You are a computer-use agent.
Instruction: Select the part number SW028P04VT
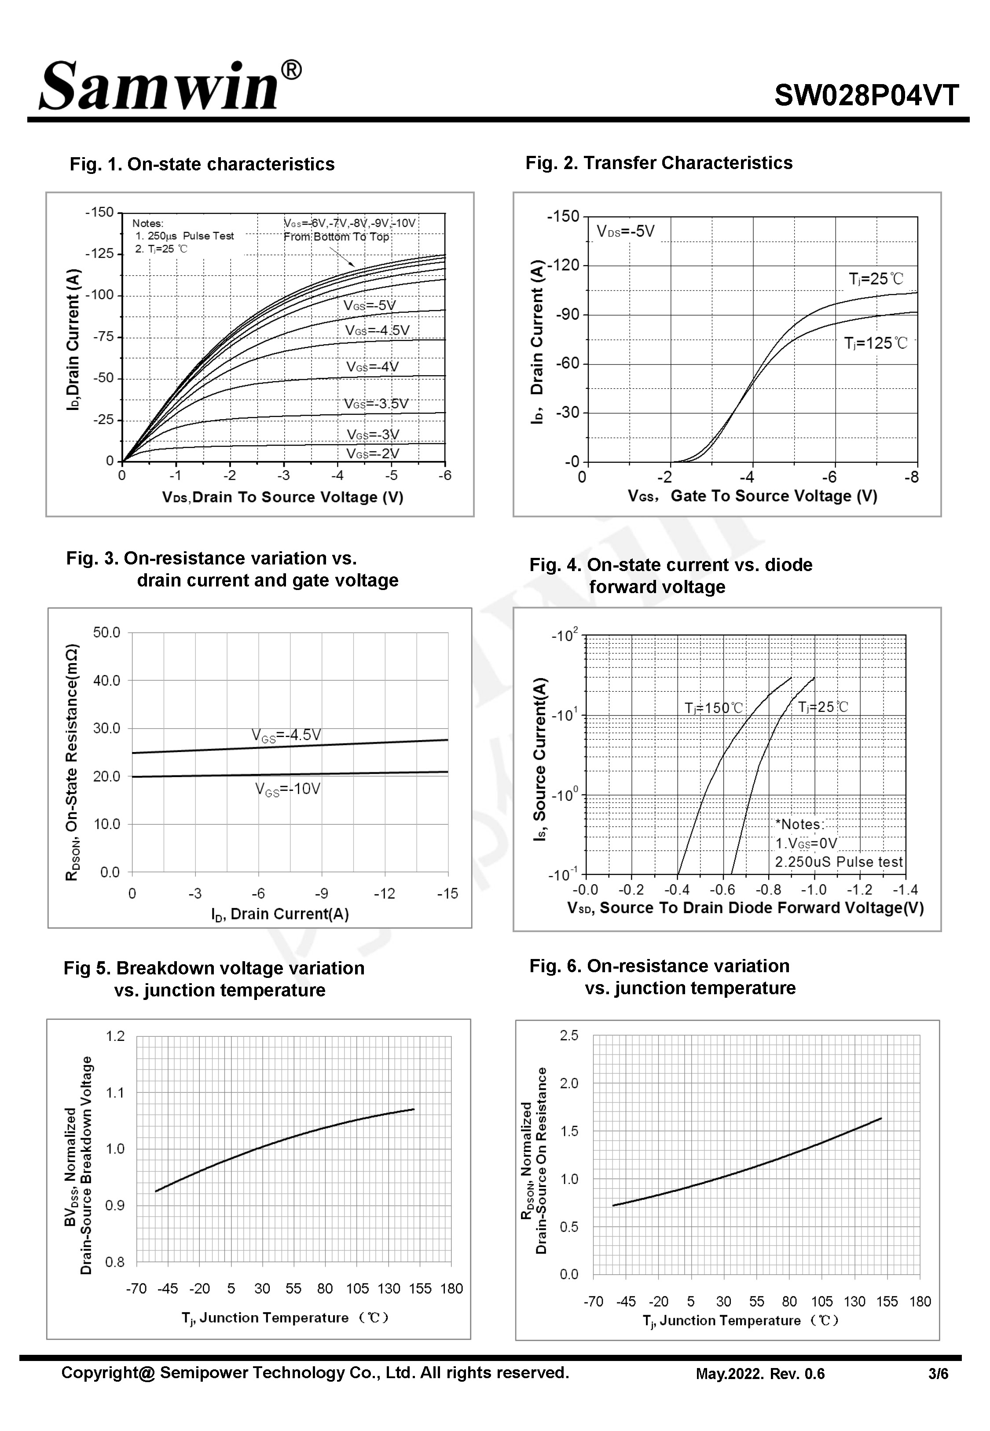coord(866,96)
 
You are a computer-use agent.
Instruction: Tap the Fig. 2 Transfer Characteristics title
coord(659,162)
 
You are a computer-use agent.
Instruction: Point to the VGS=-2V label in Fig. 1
coord(373,454)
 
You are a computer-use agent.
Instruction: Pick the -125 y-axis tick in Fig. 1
coord(100,253)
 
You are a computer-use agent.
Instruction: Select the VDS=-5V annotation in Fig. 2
coord(625,232)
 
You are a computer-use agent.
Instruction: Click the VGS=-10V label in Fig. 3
coord(288,789)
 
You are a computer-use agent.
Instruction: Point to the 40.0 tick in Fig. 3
coord(106,681)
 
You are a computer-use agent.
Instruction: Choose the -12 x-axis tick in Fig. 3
coord(385,893)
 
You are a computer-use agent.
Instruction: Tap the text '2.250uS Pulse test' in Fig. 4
coord(839,862)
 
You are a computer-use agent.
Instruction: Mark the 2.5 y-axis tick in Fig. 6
coord(569,1035)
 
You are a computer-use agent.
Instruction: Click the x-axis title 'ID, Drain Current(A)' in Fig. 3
coord(280,914)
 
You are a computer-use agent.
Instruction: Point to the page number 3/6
coord(939,1374)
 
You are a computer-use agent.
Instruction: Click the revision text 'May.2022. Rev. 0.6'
coord(760,1374)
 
